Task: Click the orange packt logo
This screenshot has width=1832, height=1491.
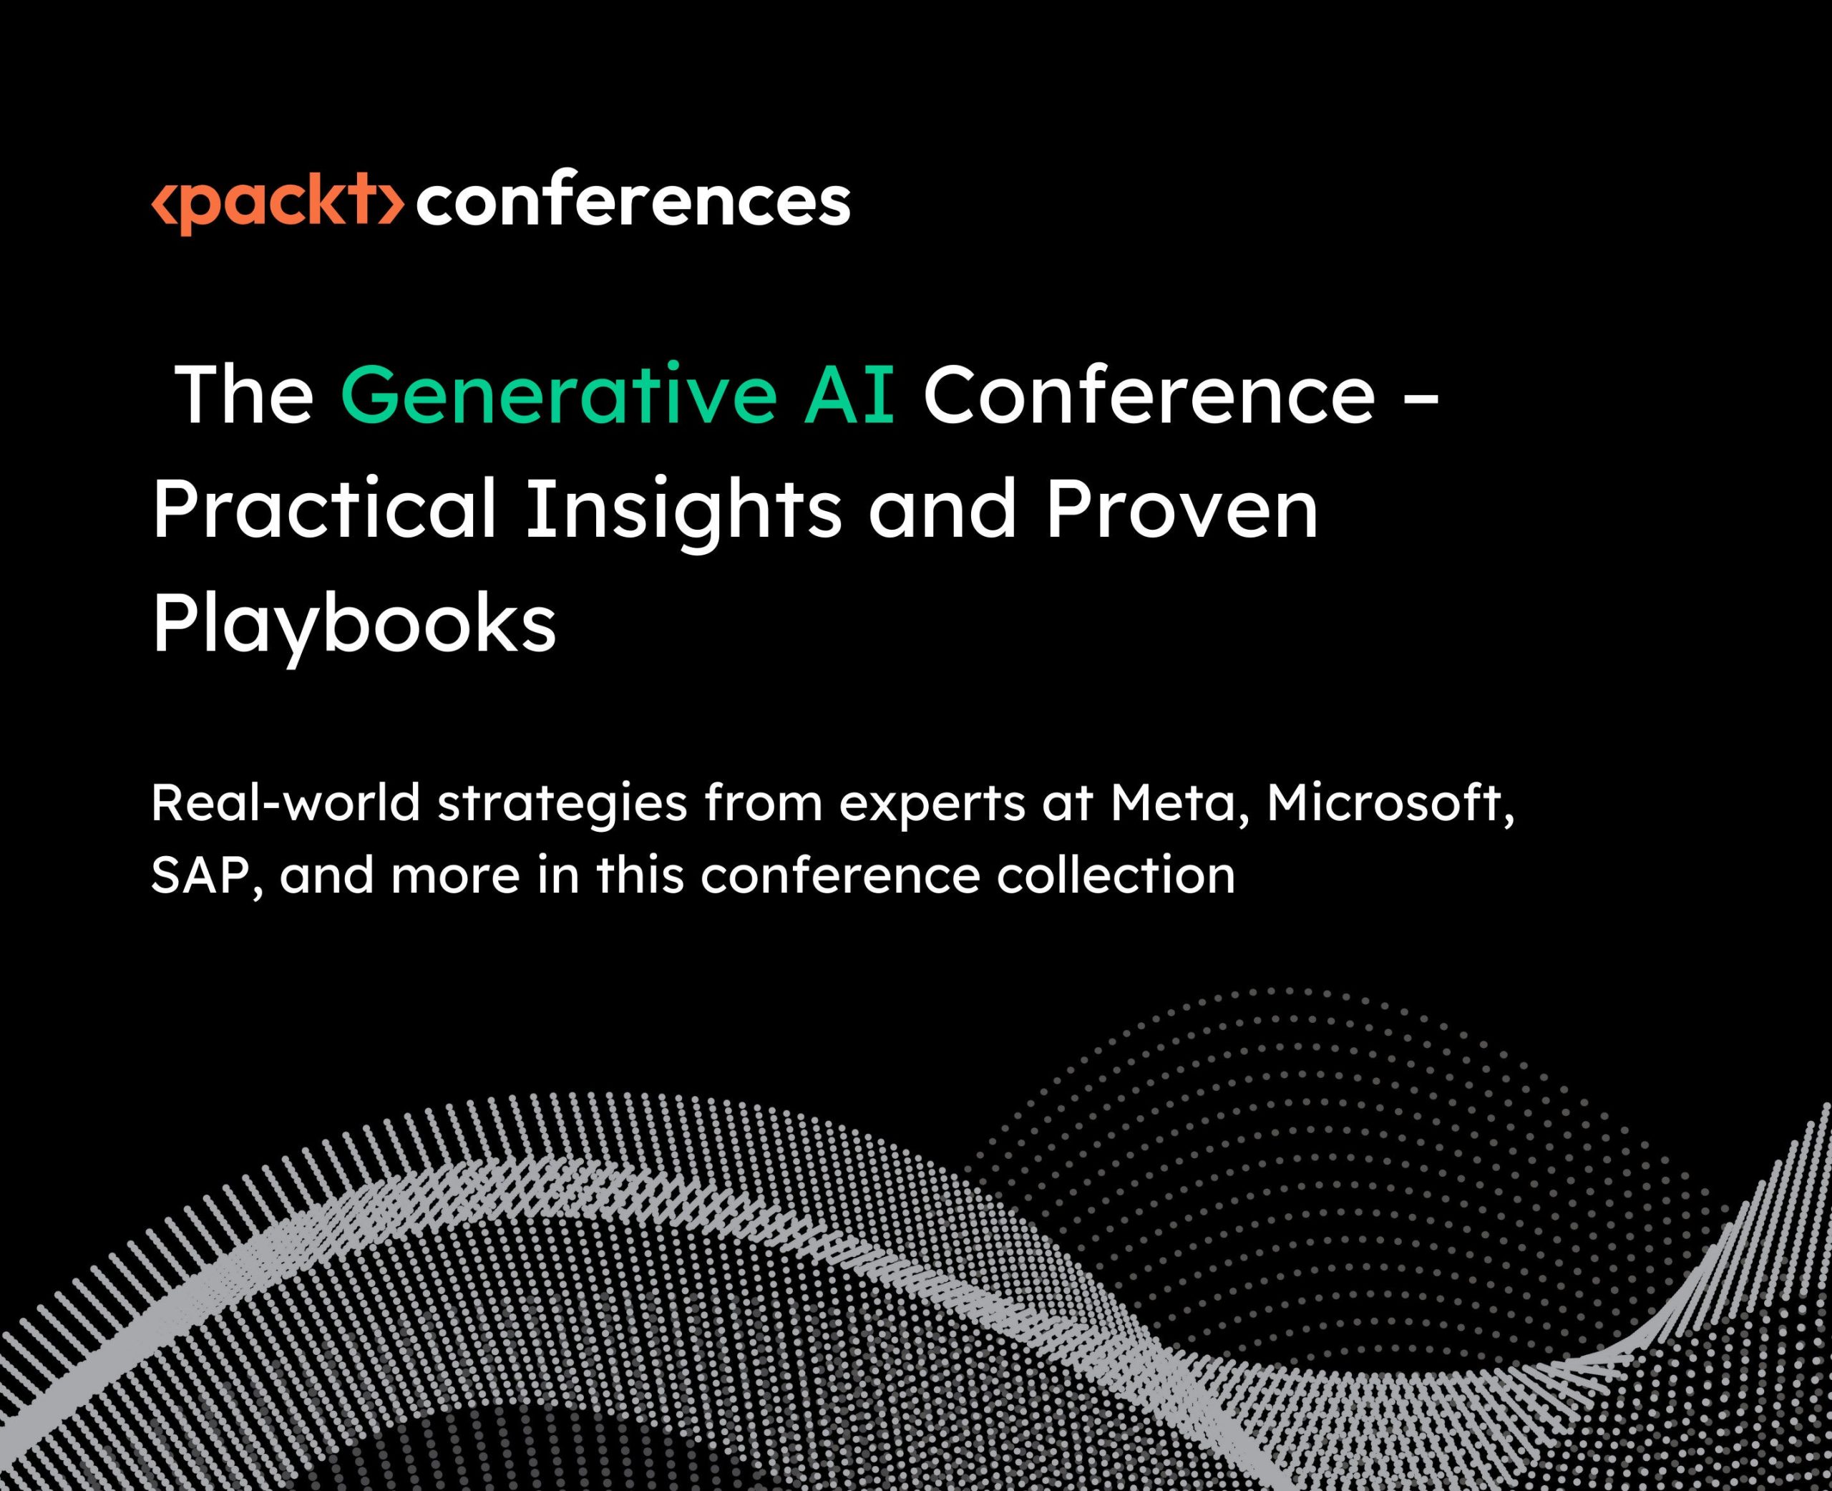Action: point(277,203)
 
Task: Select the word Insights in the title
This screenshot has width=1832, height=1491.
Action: point(683,514)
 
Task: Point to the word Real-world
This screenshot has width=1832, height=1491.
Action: point(286,803)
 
